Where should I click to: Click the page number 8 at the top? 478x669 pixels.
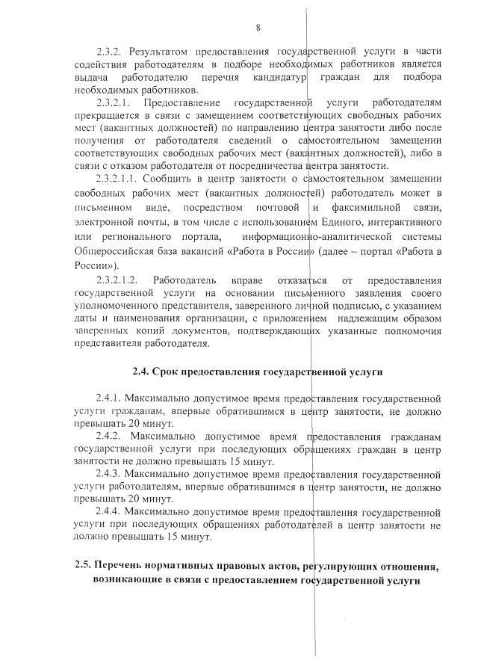click(257, 28)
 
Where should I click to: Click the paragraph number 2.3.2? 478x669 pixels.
click(111, 52)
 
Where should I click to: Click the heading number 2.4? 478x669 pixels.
click(142, 371)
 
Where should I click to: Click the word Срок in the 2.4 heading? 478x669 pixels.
click(171, 371)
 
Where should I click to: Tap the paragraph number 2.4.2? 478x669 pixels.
click(111, 436)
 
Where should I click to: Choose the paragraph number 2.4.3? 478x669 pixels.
click(111, 475)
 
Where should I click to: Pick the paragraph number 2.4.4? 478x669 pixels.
click(111, 513)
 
